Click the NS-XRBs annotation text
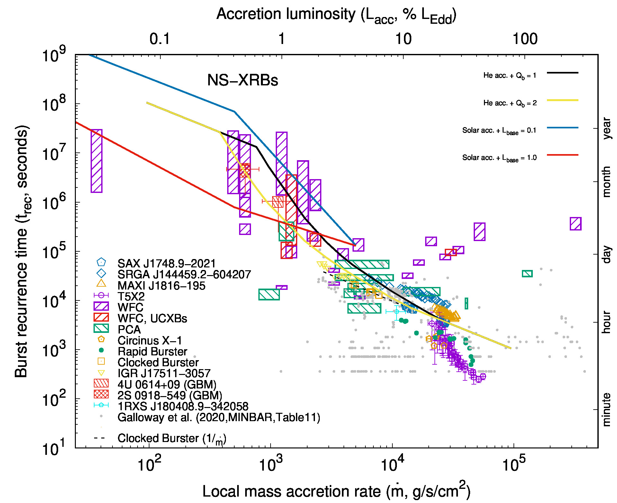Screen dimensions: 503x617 coord(243,80)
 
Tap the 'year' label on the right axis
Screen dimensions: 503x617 coord(606,128)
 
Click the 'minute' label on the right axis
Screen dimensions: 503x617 coord(606,410)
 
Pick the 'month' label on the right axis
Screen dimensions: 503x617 coord(606,182)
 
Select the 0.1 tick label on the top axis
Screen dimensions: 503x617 coord(159,39)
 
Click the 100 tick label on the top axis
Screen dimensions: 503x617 coord(525,39)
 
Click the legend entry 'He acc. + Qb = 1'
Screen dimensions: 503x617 coord(510,76)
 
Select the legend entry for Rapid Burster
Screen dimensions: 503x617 coord(152,351)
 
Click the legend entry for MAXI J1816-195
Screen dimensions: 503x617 coord(161,286)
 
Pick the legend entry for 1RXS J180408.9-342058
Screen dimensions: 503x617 coord(183,406)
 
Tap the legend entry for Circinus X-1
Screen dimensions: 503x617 coord(150,340)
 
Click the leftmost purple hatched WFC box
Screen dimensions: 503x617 coord(96,161)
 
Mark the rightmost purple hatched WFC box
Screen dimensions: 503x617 coord(576,224)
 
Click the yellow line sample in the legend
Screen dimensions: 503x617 coord(563,100)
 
